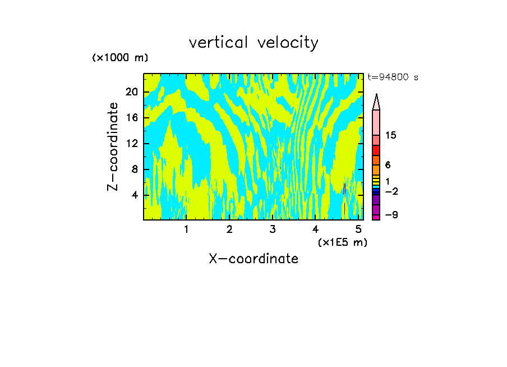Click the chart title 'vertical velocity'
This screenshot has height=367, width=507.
pyautogui.click(x=253, y=43)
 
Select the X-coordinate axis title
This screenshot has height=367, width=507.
pyautogui.click(x=253, y=259)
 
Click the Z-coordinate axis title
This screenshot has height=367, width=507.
pyautogui.click(x=114, y=146)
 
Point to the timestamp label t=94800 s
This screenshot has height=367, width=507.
pyautogui.click(x=393, y=77)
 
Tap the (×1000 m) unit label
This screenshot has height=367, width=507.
pyautogui.click(x=120, y=58)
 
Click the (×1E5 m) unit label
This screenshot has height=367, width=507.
pyautogui.click(x=342, y=242)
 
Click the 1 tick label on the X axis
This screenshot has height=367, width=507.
pyautogui.click(x=186, y=229)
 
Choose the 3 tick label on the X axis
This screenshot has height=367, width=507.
pyautogui.click(x=273, y=229)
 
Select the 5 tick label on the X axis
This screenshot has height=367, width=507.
pyautogui.click(x=358, y=229)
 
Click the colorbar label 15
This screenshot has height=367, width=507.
pyautogui.click(x=391, y=136)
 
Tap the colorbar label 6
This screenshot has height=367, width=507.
pyautogui.click(x=388, y=166)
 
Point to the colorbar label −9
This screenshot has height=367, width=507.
pyautogui.click(x=391, y=215)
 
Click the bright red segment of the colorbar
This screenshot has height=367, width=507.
pyautogui.click(x=376, y=150)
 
